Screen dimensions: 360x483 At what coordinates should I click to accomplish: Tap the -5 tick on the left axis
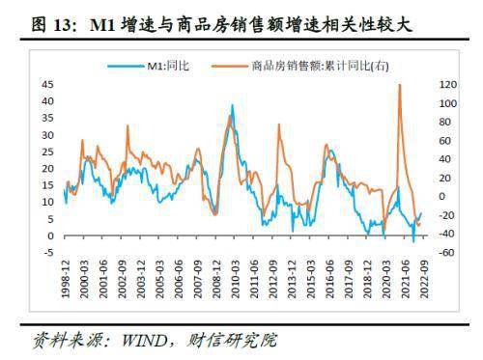48,253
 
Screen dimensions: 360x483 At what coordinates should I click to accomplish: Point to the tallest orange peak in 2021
399,86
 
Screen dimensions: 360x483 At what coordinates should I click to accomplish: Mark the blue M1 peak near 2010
232,105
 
